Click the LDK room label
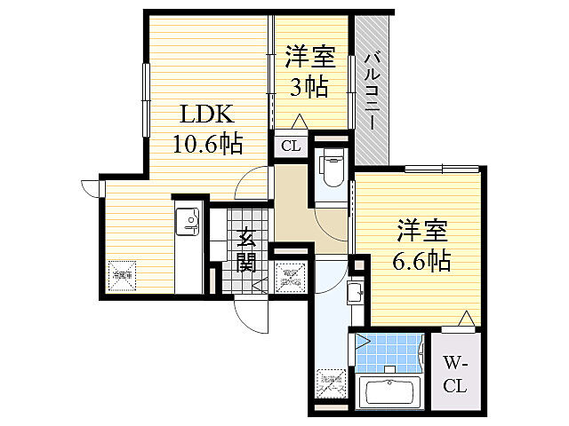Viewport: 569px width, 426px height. pos(207,115)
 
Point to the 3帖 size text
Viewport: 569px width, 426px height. pos(310,87)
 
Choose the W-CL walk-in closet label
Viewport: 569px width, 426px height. pos(455,374)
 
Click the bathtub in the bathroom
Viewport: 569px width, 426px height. pos(392,391)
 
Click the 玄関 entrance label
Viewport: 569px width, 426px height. pos(248,249)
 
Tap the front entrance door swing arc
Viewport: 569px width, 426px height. pos(251,315)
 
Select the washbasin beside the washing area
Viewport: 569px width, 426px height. pos(354,292)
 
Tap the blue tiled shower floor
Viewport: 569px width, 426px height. pos(391,351)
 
